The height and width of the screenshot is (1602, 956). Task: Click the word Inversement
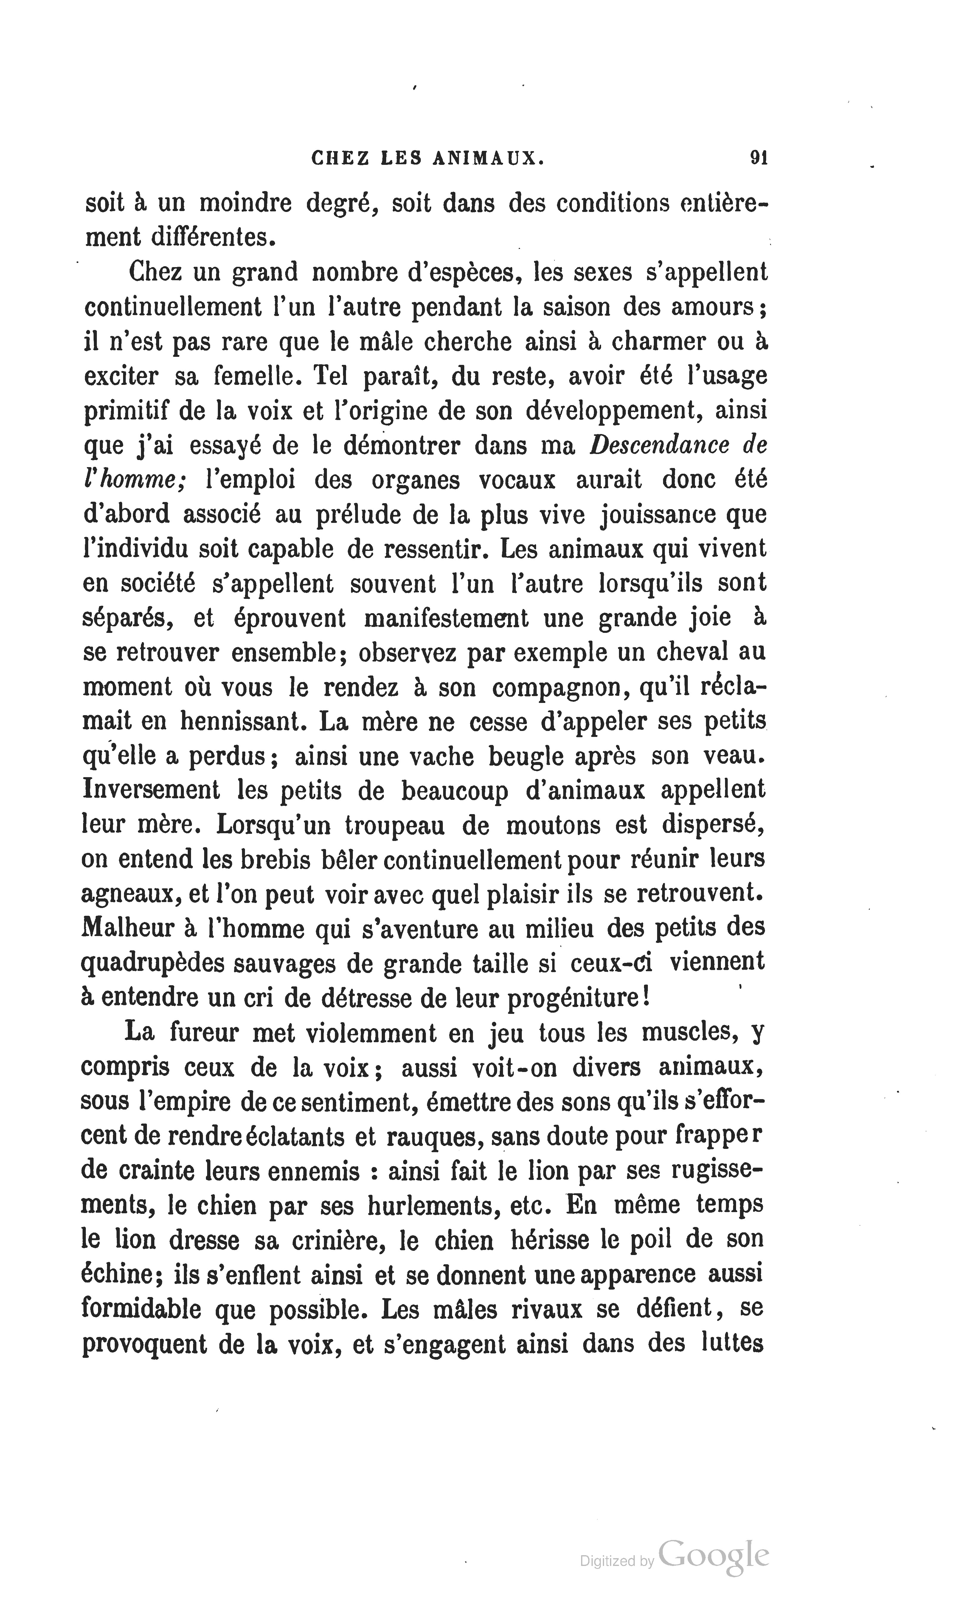click(151, 790)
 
